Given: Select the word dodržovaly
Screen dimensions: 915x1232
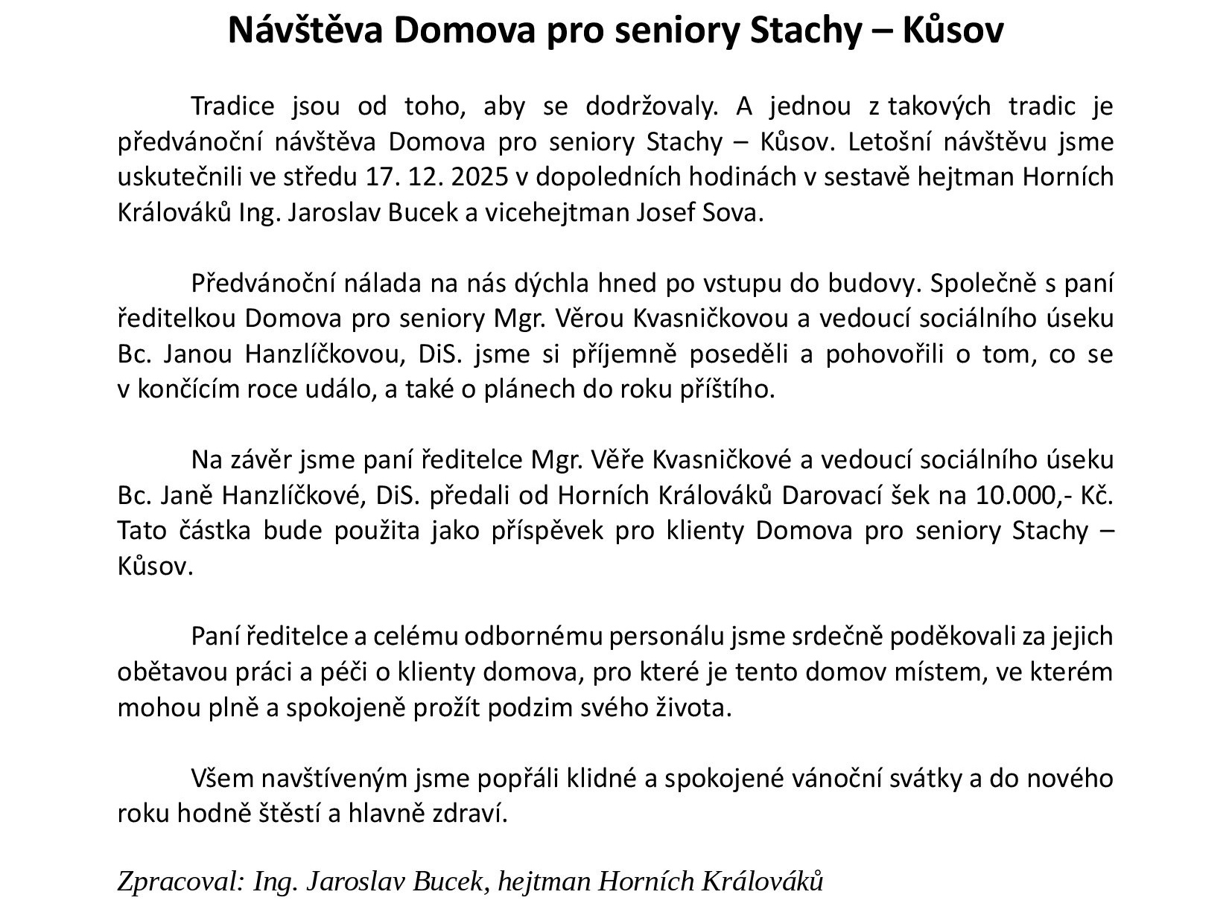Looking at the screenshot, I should click(652, 106).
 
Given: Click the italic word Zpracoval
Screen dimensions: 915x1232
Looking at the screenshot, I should click(180, 882).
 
